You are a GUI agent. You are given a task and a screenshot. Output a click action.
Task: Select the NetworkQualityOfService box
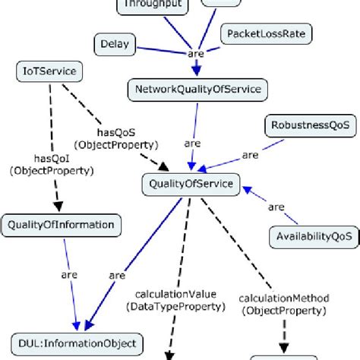coord(197,90)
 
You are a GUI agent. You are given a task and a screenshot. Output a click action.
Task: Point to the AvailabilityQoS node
coord(311,236)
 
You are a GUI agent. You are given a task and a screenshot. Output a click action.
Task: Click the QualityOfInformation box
coord(61,224)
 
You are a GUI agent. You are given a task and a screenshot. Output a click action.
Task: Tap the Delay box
coord(115,45)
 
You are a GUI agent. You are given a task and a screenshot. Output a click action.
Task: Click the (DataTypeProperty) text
coord(177,307)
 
